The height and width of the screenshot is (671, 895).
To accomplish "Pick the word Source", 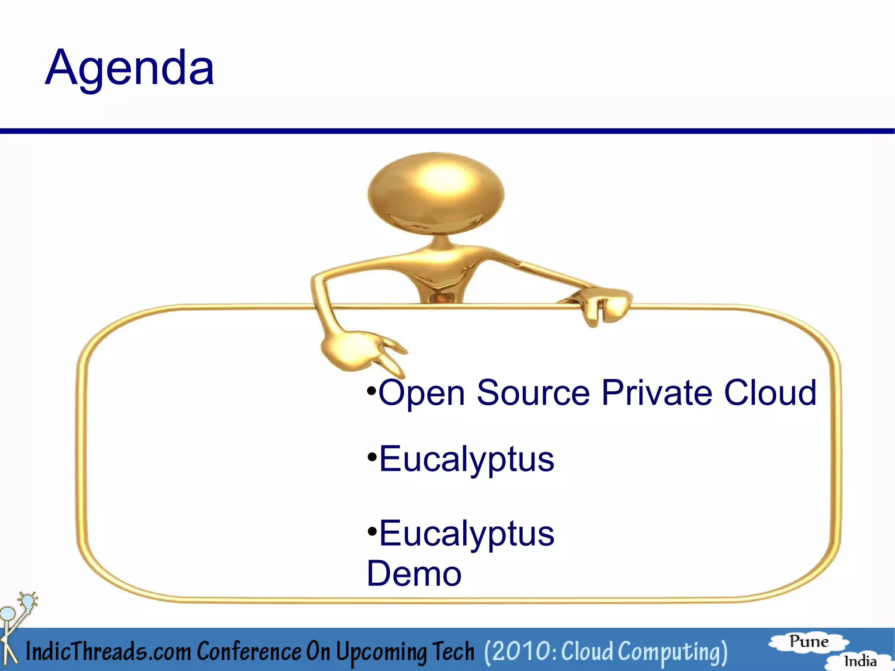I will click(x=533, y=393).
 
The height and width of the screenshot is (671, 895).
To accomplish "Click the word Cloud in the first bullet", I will click(x=770, y=393).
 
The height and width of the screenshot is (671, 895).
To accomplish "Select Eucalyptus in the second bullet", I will click(x=466, y=460).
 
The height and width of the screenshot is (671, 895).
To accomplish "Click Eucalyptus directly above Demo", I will click(x=466, y=534).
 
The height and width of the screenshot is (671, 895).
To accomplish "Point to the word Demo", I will click(x=414, y=574).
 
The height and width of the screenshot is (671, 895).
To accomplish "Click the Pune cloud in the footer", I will click(x=808, y=642).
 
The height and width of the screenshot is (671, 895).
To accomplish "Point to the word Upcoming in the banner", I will click(x=382, y=652).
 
